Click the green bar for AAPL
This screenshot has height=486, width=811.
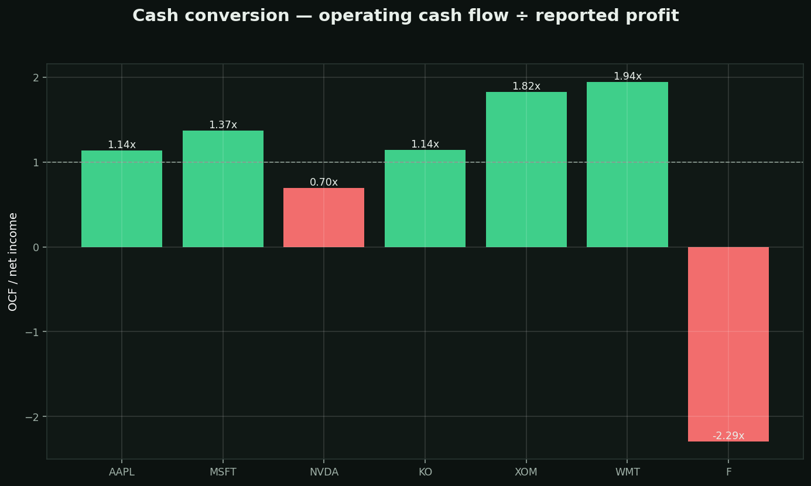pyautogui.click(x=122, y=199)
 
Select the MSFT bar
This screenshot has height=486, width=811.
pyautogui.click(x=223, y=189)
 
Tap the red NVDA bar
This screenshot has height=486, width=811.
pyautogui.click(x=324, y=218)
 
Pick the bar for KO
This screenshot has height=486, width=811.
pyautogui.click(x=425, y=198)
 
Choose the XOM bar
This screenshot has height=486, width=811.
pyautogui.click(x=526, y=169)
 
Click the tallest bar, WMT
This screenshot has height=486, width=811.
pyautogui.click(x=628, y=165)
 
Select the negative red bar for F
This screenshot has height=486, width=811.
pyautogui.click(x=728, y=344)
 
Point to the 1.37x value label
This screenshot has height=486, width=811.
pyautogui.click(x=223, y=125)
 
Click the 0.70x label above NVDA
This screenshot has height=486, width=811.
pyautogui.click(x=324, y=182)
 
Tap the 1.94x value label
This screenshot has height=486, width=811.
pyautogui.click(x=628, y=76)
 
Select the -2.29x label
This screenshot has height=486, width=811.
pyautogui.click(x=728, y=436)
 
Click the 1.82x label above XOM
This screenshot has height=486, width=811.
pyautogui.click(x=526, y=86)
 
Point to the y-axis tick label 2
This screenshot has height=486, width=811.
pyautogui.click(x=36, y=77)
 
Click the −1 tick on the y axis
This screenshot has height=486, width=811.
pyautogui.click(x=32, y=332)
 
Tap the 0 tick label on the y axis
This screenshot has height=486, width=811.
pyautogui.click(x=36, y=247)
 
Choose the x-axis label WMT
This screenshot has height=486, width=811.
pyautogui.click(x=628, y=472)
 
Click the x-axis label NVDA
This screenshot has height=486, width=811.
pyautogui.click(x=324, y=472)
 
